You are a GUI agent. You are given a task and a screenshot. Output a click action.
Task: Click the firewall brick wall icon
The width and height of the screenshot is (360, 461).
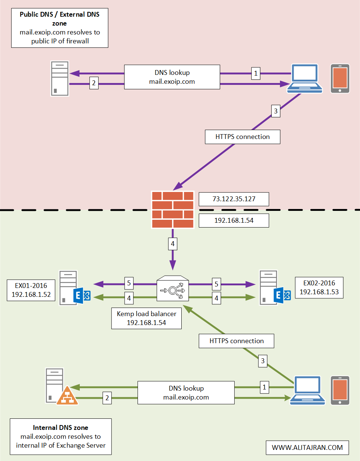pos(173,209)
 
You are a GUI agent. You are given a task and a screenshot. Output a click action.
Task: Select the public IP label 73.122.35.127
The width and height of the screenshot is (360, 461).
pos(234,199)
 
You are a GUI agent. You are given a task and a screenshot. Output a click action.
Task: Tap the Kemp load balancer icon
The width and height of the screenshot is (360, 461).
pos(172,288)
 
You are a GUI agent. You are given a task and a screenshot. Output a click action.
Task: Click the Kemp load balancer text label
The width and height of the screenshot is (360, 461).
pos(146,318)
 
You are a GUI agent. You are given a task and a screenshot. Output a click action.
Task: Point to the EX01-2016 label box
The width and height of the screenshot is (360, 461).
pos(31,290)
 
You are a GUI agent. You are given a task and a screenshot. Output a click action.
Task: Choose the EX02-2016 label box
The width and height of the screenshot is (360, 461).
pos(319,288)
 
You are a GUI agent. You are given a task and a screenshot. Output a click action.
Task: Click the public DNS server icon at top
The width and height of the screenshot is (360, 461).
pos(60,79)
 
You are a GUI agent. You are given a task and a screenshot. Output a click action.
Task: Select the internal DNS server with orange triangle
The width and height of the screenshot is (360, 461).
pos(59,387)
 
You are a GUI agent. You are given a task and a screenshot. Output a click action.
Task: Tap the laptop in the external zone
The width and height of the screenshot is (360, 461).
pos(305,78)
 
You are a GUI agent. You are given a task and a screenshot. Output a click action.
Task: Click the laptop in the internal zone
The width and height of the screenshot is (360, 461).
pos(307,390)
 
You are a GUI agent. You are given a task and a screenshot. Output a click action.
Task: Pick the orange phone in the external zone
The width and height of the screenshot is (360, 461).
pos(340,79)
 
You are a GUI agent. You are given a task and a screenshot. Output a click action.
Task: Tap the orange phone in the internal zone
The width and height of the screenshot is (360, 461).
pos(340,391)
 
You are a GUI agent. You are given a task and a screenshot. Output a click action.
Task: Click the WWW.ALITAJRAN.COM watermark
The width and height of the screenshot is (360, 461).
pos(307,448)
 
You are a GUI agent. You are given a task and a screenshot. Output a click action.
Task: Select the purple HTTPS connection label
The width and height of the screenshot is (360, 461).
pos(242,137)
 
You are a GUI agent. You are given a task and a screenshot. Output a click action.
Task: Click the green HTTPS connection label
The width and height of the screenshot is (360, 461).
pos(237,341)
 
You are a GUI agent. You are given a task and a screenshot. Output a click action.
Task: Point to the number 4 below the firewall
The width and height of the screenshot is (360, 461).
pos(172,244)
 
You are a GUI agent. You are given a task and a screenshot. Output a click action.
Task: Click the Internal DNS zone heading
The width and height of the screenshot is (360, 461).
pos(60,428)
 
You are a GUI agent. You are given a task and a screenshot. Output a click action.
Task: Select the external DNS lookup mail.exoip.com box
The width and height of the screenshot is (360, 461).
pos(172,77)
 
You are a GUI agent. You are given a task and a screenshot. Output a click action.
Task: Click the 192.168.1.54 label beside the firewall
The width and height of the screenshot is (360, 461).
pos(234,220)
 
